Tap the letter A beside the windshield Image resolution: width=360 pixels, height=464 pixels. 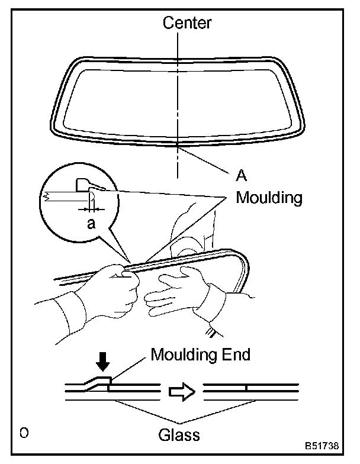click(x=241, y=176)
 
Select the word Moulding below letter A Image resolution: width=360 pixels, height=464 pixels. click(x=269, y=197)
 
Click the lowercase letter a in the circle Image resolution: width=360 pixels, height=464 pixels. click(x=90, y=224)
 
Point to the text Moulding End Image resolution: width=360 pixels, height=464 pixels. click(x=201, y=355)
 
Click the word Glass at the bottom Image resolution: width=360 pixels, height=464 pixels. click(x=179, y=436)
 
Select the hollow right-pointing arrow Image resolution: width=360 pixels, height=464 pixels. click(x=181, y=392)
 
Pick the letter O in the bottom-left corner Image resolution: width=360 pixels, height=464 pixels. click(x=24, y=433)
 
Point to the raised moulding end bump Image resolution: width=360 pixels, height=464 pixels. click(x=100, y=381)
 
